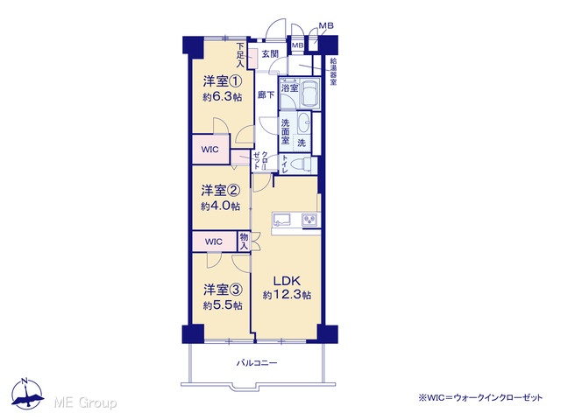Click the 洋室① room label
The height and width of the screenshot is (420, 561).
coord(223,81)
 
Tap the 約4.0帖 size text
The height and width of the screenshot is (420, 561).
coord(220,206)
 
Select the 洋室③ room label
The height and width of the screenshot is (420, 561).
coord(224,290)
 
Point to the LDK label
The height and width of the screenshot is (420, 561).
coord(287,281)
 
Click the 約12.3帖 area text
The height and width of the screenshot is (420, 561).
coord(287,295)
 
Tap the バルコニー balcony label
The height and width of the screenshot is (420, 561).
coord(257,363)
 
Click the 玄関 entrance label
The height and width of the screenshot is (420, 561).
coord(270,54)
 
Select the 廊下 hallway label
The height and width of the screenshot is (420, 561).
coord(266,95)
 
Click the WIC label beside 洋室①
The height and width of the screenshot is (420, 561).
coord(209,150)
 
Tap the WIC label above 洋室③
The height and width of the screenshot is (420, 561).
coord(214,241)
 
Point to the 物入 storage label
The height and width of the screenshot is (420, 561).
coord(244,241)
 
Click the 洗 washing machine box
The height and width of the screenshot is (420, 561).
coord(302,143)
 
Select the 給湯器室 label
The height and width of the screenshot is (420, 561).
coord(333,73)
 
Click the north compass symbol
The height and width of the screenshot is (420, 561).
coord(27,394)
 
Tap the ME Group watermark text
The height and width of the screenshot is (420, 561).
coord(85,403)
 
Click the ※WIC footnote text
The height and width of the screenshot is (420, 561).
coord(480,397)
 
